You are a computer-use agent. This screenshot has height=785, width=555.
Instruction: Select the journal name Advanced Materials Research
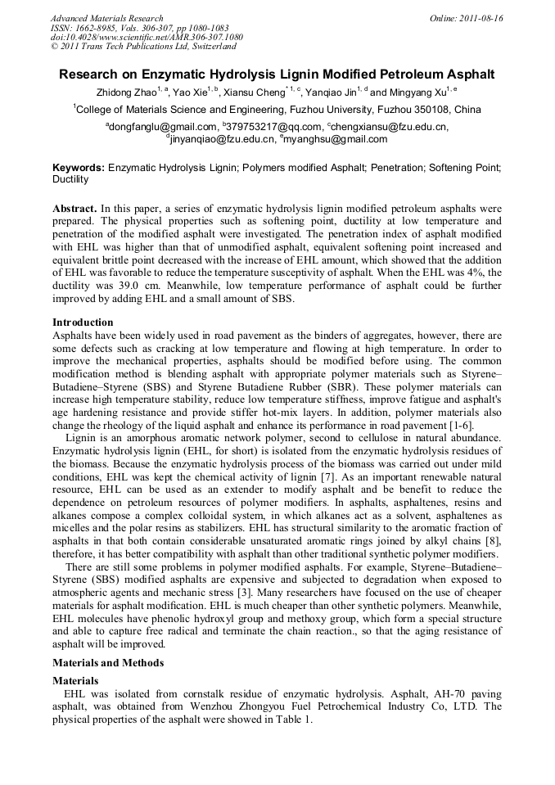pyautogui.click(x=106, y=18)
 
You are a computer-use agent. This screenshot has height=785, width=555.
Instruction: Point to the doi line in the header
pyautogui.click(x=147, y=37)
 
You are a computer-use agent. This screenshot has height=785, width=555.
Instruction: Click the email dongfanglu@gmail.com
pyautogui.click(x=163, y=127)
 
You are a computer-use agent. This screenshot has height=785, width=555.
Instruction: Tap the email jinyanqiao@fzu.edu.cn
pyautogui.click(x=221, y=139)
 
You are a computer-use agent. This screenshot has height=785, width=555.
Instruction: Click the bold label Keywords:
pyautogui.click(x=79, y=167)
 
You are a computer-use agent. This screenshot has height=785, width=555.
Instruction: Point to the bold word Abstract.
pyautogui.click(x=76, y=208)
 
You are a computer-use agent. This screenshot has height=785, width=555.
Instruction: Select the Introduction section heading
pyautogui.click(x=83, y=323)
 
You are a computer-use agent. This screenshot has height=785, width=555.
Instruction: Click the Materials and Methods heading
pyautogui.click(x=108, y=662)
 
